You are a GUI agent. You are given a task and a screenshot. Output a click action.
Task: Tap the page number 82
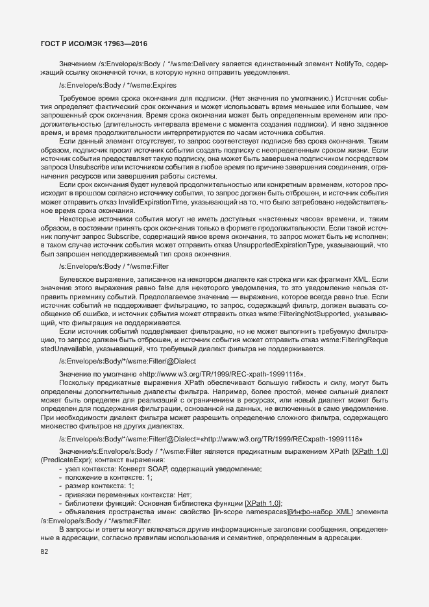[44, 552]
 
